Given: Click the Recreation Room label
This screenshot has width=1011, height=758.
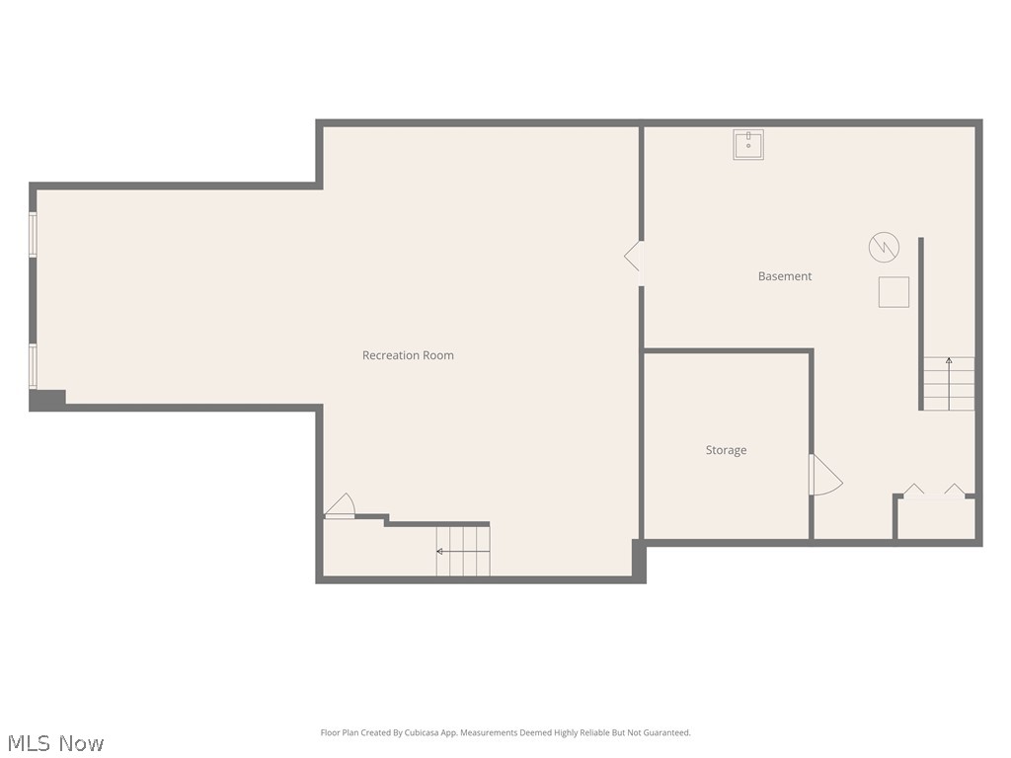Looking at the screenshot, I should [x=408, y=355].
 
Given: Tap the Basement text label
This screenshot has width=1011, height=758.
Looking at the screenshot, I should [x=785, y=276].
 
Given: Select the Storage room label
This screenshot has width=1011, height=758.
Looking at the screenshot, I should [x=726, y=450].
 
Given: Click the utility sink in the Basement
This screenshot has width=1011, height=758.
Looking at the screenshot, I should [x=748, y=145].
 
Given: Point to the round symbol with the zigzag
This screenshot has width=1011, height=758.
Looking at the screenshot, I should [x=884, y=247].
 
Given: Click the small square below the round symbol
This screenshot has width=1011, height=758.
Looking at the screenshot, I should [x=894, y=292].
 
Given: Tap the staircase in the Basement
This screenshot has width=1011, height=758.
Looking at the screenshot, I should [x=949, y=384].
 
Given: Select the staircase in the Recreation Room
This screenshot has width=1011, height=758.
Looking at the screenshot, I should [x=463, y=551].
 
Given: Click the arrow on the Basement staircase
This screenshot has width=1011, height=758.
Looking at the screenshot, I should [x=949, y=361].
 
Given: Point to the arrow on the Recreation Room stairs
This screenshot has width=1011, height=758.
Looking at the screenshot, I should [x=440, y=551].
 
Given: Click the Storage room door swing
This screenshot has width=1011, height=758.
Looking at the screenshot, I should [x=824, y=475].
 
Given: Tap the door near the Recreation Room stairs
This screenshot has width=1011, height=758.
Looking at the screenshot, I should [x=341, y=506].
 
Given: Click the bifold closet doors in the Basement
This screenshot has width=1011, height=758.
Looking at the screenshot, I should [x=934, y=491].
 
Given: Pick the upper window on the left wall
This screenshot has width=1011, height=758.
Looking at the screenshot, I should [x=33, y=235].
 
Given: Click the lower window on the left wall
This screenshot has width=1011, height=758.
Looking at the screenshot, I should [x=33, y=366].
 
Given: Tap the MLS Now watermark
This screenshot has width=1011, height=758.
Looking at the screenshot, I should [x=55, y=743].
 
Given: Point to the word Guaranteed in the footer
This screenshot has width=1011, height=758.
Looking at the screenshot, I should [x=666, y=733].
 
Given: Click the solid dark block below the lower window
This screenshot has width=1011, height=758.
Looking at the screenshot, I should [x=47, y=400].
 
